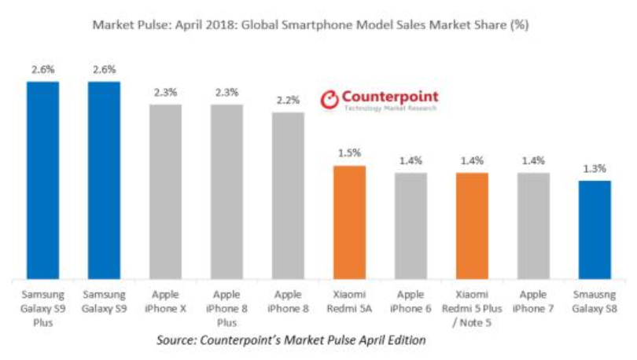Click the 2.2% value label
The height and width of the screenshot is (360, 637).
pos(288,101)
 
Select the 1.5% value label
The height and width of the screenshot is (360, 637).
pos(349,154)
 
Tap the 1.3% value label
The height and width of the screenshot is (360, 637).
pos(595,169)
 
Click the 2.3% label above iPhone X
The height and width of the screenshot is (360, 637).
pos(165,93)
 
